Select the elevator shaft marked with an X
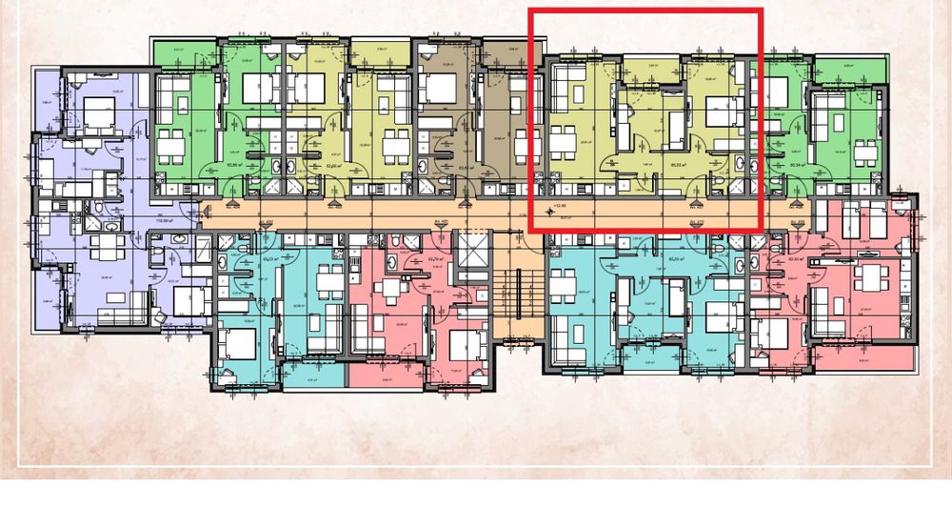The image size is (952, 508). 470,250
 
